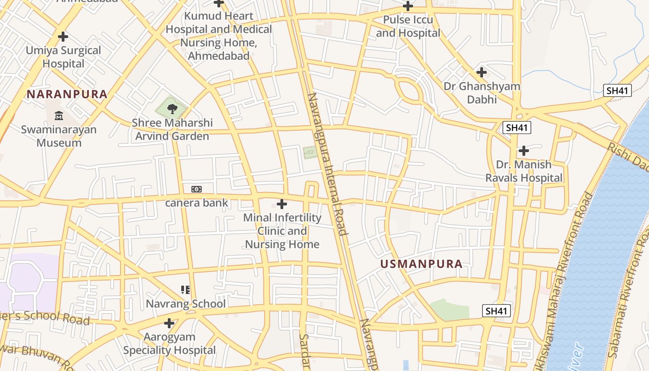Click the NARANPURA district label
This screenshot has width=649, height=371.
pyautogui.click(x=67, y=94)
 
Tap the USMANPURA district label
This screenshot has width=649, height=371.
pyautogui.click(x=421, y=264)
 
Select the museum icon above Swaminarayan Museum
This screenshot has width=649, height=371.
pyautogui.click(x=59, y=115)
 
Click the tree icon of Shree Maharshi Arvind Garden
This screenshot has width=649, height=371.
pyautogui.click(x=172, y=109)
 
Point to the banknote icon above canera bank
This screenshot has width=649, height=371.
pyautogui.click(x=197, y=189)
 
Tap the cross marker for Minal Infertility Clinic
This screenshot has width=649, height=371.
pyautogui.click(x=281, y=204)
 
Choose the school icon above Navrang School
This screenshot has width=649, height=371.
pyautogui.click(x=185, y=290)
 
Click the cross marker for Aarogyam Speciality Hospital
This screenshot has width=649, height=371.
pyautogui.click(x=169, y=323)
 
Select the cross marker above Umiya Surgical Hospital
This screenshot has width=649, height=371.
pyautogui.click(x=63, y=37)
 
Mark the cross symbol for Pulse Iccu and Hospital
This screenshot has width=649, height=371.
pyautogui.click(x=408, y=6)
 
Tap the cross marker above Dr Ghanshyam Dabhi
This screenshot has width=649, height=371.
pyautogui.click(x=482, y=72)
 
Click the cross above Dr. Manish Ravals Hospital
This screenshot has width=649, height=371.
pyautogui.click(x=524, y=151)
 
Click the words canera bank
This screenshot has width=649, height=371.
pyautogui.click(x=197, y=203)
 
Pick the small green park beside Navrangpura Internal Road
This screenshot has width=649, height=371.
pyautogui.click(x=310, y=153)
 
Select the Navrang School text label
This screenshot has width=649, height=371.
pyautogui.click(x=185, y=304)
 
